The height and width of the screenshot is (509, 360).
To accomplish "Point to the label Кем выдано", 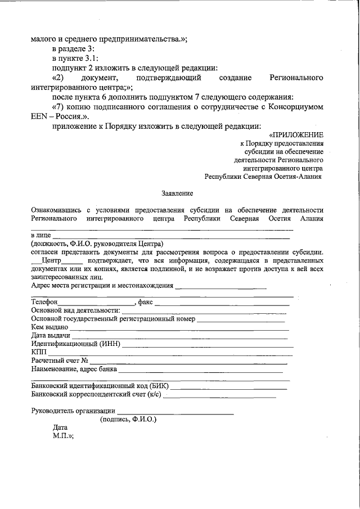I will (x=50, y=327).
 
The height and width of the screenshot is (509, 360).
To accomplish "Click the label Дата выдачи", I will (x=51, y=335).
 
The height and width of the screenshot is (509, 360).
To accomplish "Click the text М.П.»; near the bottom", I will (x=64, y=435).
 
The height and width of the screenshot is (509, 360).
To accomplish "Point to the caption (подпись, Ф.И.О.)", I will (x=128, y=420).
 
